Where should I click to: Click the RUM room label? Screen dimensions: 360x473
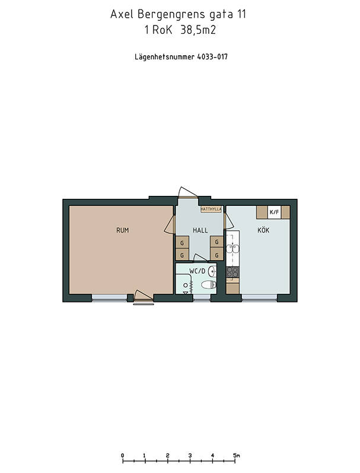[x=122, y=230]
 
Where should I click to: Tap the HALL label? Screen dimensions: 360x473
[x=200, y=230]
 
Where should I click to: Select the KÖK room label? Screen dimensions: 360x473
[x=263, y=230]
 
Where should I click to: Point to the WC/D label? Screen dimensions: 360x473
[x=197, y=271]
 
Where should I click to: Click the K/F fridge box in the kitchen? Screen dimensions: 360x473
[x=275, y=212]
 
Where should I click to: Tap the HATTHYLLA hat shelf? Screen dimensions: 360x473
[x=211, y=209]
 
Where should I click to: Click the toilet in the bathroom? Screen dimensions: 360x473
[x=209, y=284]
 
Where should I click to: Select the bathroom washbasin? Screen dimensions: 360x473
[x=212, y=271]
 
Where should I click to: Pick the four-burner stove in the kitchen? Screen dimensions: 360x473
[x=232, y=272]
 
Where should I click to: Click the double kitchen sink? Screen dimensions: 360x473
[x=232, y=249]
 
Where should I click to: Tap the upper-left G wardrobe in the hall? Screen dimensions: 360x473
[x=182, y=242]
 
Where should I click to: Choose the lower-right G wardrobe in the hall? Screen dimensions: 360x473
[x=217, y=255]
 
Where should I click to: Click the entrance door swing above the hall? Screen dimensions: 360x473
[x=187, y=192]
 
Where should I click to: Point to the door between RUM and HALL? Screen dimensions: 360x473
[x=170, y=224]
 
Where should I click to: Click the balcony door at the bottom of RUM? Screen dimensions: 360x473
[x=143, y=296]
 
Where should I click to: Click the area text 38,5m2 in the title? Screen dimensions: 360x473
[x=198, y=30]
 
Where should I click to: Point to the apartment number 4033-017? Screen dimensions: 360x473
[x=212, y=57]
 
